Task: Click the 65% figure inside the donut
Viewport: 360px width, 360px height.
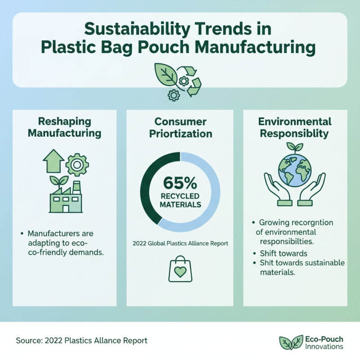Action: [180, 184]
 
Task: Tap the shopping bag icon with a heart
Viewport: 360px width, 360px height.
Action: [180, 270]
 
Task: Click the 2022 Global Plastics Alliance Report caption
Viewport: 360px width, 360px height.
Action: [180, 243]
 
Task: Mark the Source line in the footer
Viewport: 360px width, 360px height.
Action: [81, 341]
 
